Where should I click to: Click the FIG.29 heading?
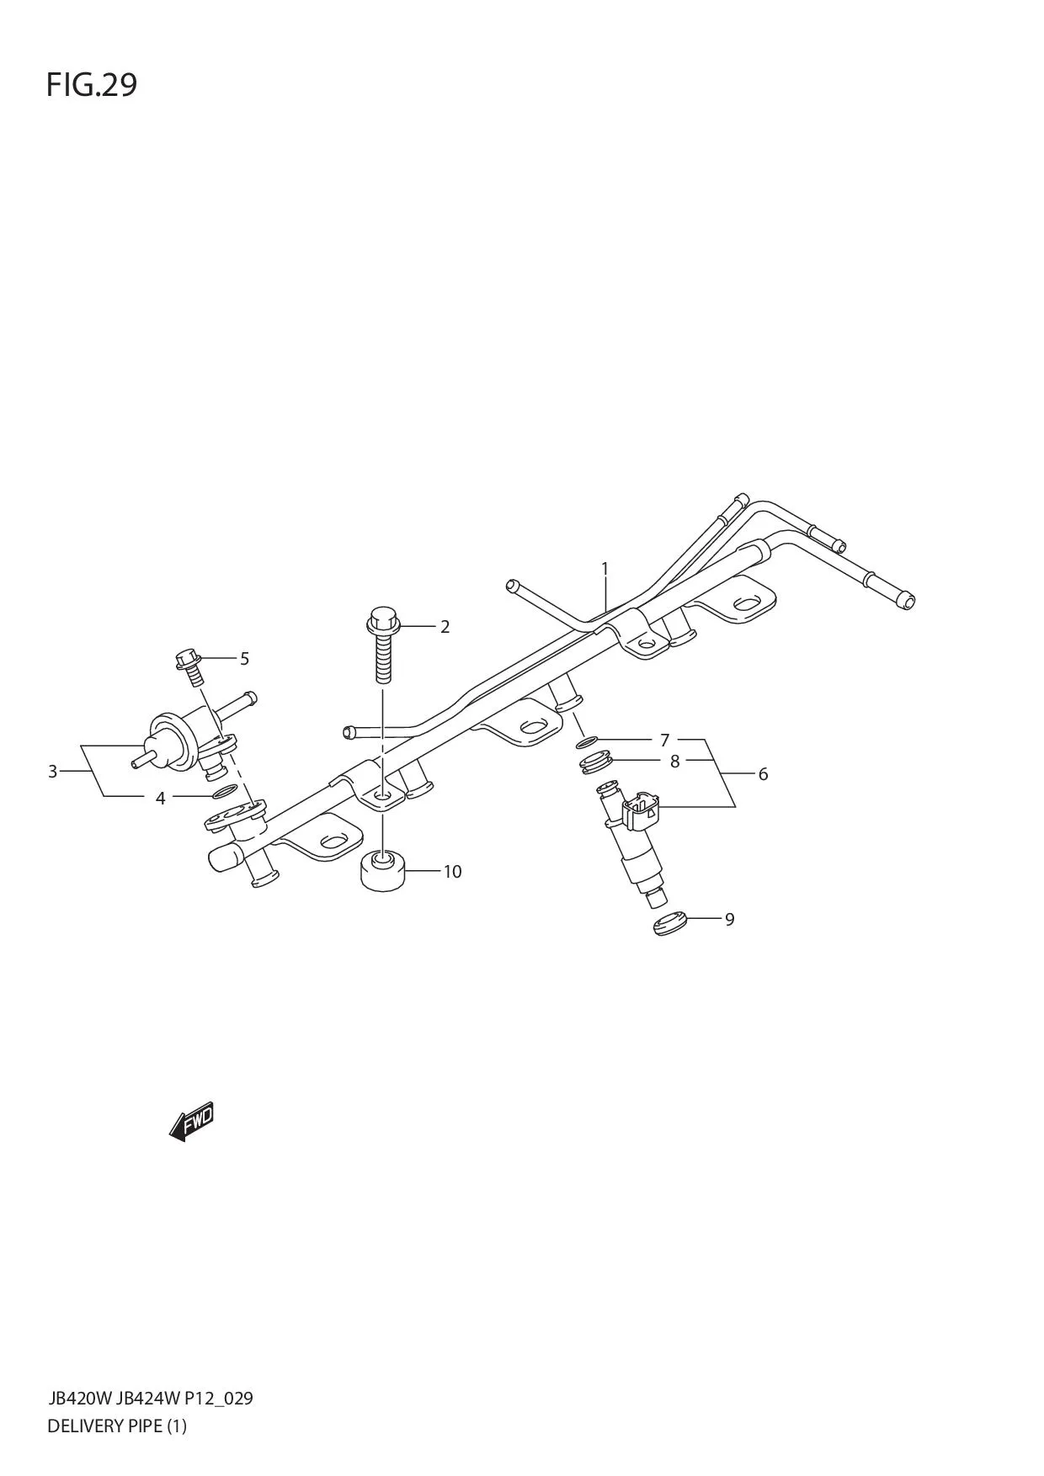coord(91,85)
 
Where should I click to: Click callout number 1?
coord(605,569)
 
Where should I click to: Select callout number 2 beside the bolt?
coord(445,627)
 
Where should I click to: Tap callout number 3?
coord(52,771)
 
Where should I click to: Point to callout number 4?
coord(161,798)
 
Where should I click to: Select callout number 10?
coord(452,872)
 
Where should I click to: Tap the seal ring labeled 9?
coord(670,923)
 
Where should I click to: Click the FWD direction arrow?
coord(192,1122)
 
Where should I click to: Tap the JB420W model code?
coord(80,1399)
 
